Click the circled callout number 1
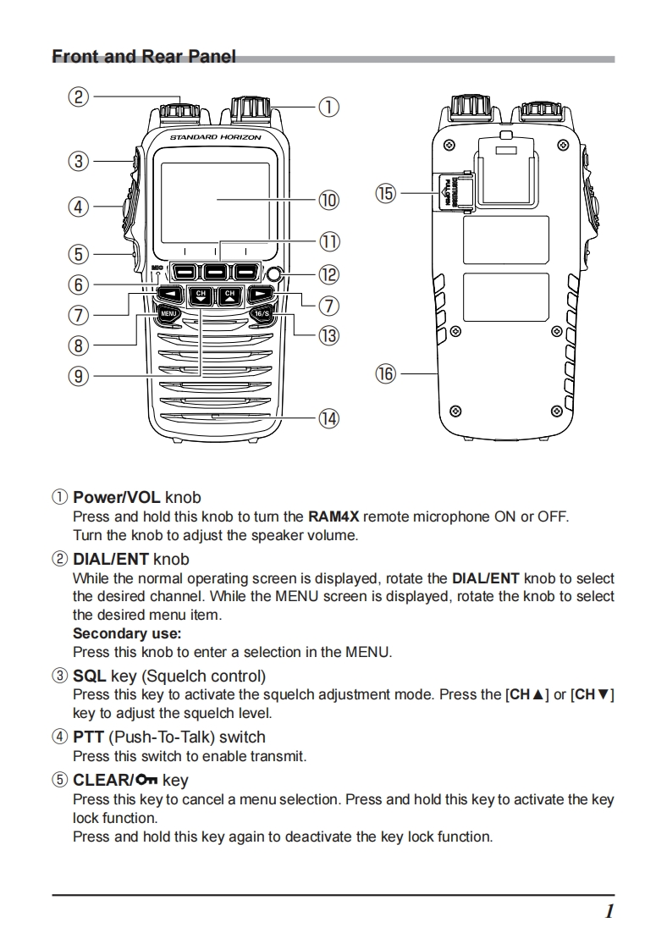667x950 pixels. (328, 108)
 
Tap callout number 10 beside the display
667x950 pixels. (328, 201)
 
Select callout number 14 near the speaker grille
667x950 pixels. (328, 418)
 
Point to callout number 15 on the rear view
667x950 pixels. (386, 194)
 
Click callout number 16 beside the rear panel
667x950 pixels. (386, 373)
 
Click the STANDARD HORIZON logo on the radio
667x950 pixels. (215, 136)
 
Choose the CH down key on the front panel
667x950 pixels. (201, 295)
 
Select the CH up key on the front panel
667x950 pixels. (229, 295)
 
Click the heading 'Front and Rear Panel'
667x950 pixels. (144, 57)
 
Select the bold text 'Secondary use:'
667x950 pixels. (127, 633)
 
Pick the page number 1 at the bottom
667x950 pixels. (609, 911)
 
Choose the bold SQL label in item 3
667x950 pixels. (89, 676)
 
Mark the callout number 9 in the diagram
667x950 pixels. (78, 375)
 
